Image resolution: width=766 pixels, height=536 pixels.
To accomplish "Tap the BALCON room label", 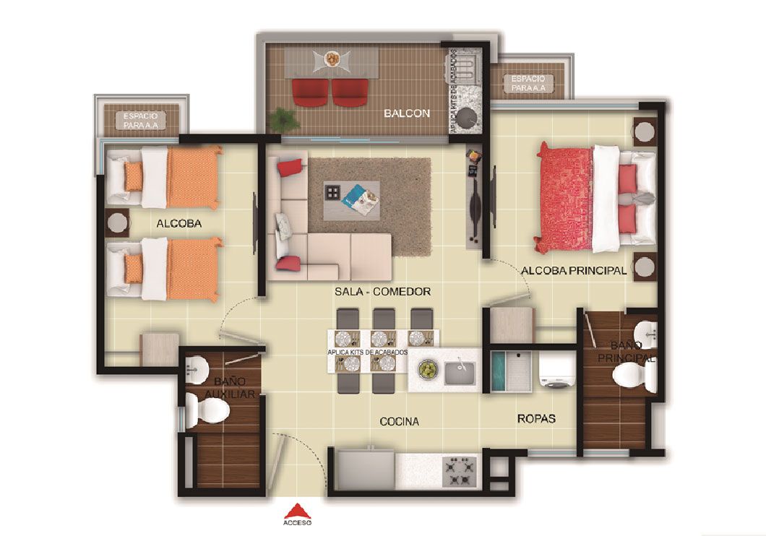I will point(407,113).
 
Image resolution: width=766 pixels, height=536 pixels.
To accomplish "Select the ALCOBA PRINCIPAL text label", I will point(573,271).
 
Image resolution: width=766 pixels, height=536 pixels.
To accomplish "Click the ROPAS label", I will point(536,418).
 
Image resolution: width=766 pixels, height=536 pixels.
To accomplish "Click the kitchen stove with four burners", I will point(460,470).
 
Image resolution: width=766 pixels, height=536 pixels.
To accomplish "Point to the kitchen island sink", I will point(458,372).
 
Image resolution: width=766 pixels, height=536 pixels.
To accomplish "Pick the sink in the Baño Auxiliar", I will point(194,373).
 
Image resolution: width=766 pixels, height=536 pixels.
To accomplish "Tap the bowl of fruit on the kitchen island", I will point(429,370).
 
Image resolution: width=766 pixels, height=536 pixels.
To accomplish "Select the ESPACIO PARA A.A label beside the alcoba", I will point(140,120).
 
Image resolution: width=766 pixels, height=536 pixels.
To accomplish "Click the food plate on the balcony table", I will point(332,59).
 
